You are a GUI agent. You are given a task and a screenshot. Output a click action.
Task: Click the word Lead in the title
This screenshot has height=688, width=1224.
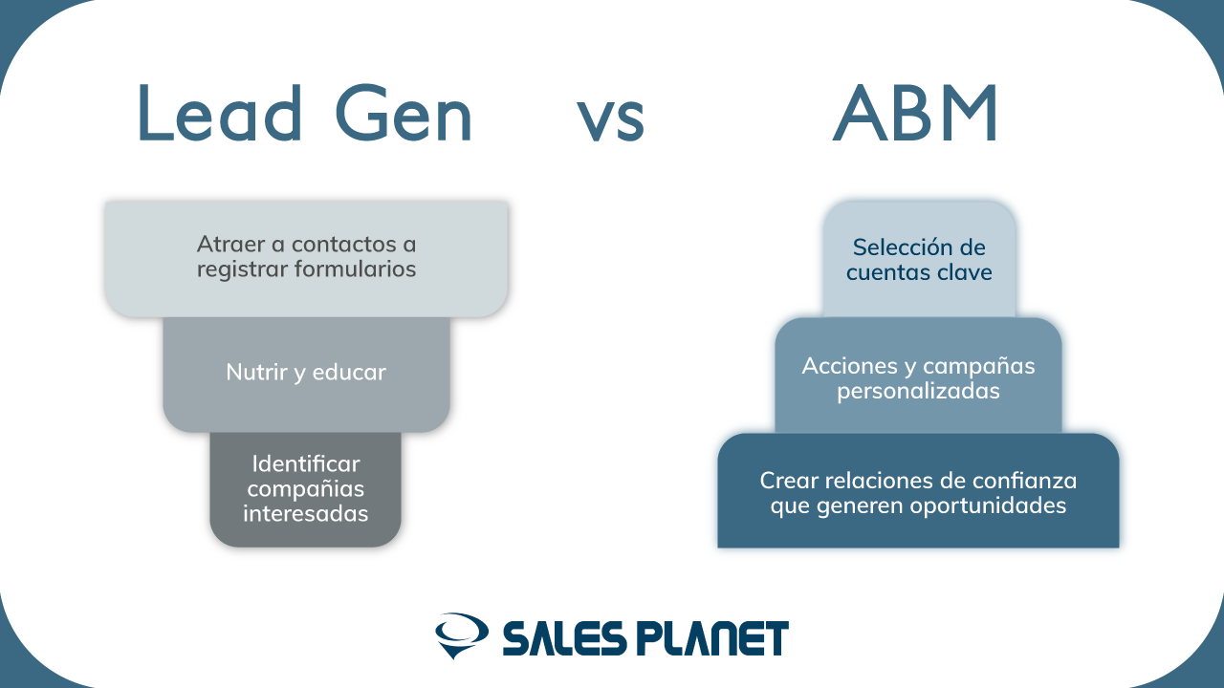[220, 113]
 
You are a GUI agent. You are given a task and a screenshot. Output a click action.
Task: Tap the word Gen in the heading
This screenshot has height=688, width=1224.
[404, 113]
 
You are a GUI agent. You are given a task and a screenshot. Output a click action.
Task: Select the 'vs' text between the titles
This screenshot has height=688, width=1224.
[611, 120]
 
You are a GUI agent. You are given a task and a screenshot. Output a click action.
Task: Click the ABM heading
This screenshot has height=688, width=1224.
[916, 113]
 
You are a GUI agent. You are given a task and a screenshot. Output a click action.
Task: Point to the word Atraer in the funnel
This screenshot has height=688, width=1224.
[231, 244]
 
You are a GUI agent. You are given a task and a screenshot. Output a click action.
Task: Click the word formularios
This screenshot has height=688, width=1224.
[355, 269]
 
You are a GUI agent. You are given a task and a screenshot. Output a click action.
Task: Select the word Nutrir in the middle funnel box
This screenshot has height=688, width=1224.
[256, 372]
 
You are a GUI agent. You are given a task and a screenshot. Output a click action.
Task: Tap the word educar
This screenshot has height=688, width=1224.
[349, 372]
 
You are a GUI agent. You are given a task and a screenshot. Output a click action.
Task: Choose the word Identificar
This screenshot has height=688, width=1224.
[306, 463]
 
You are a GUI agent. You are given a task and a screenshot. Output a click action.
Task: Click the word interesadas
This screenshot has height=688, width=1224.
[306, 513]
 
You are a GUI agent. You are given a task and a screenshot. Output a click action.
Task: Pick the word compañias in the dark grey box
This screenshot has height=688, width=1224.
[306, 489]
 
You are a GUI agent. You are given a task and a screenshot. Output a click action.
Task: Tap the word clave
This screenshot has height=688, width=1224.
[965, 272]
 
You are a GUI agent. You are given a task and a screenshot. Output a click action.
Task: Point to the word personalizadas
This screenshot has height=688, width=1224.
[919, 391]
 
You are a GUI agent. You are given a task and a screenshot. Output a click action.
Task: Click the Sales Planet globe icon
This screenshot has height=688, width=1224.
[462, 635]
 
